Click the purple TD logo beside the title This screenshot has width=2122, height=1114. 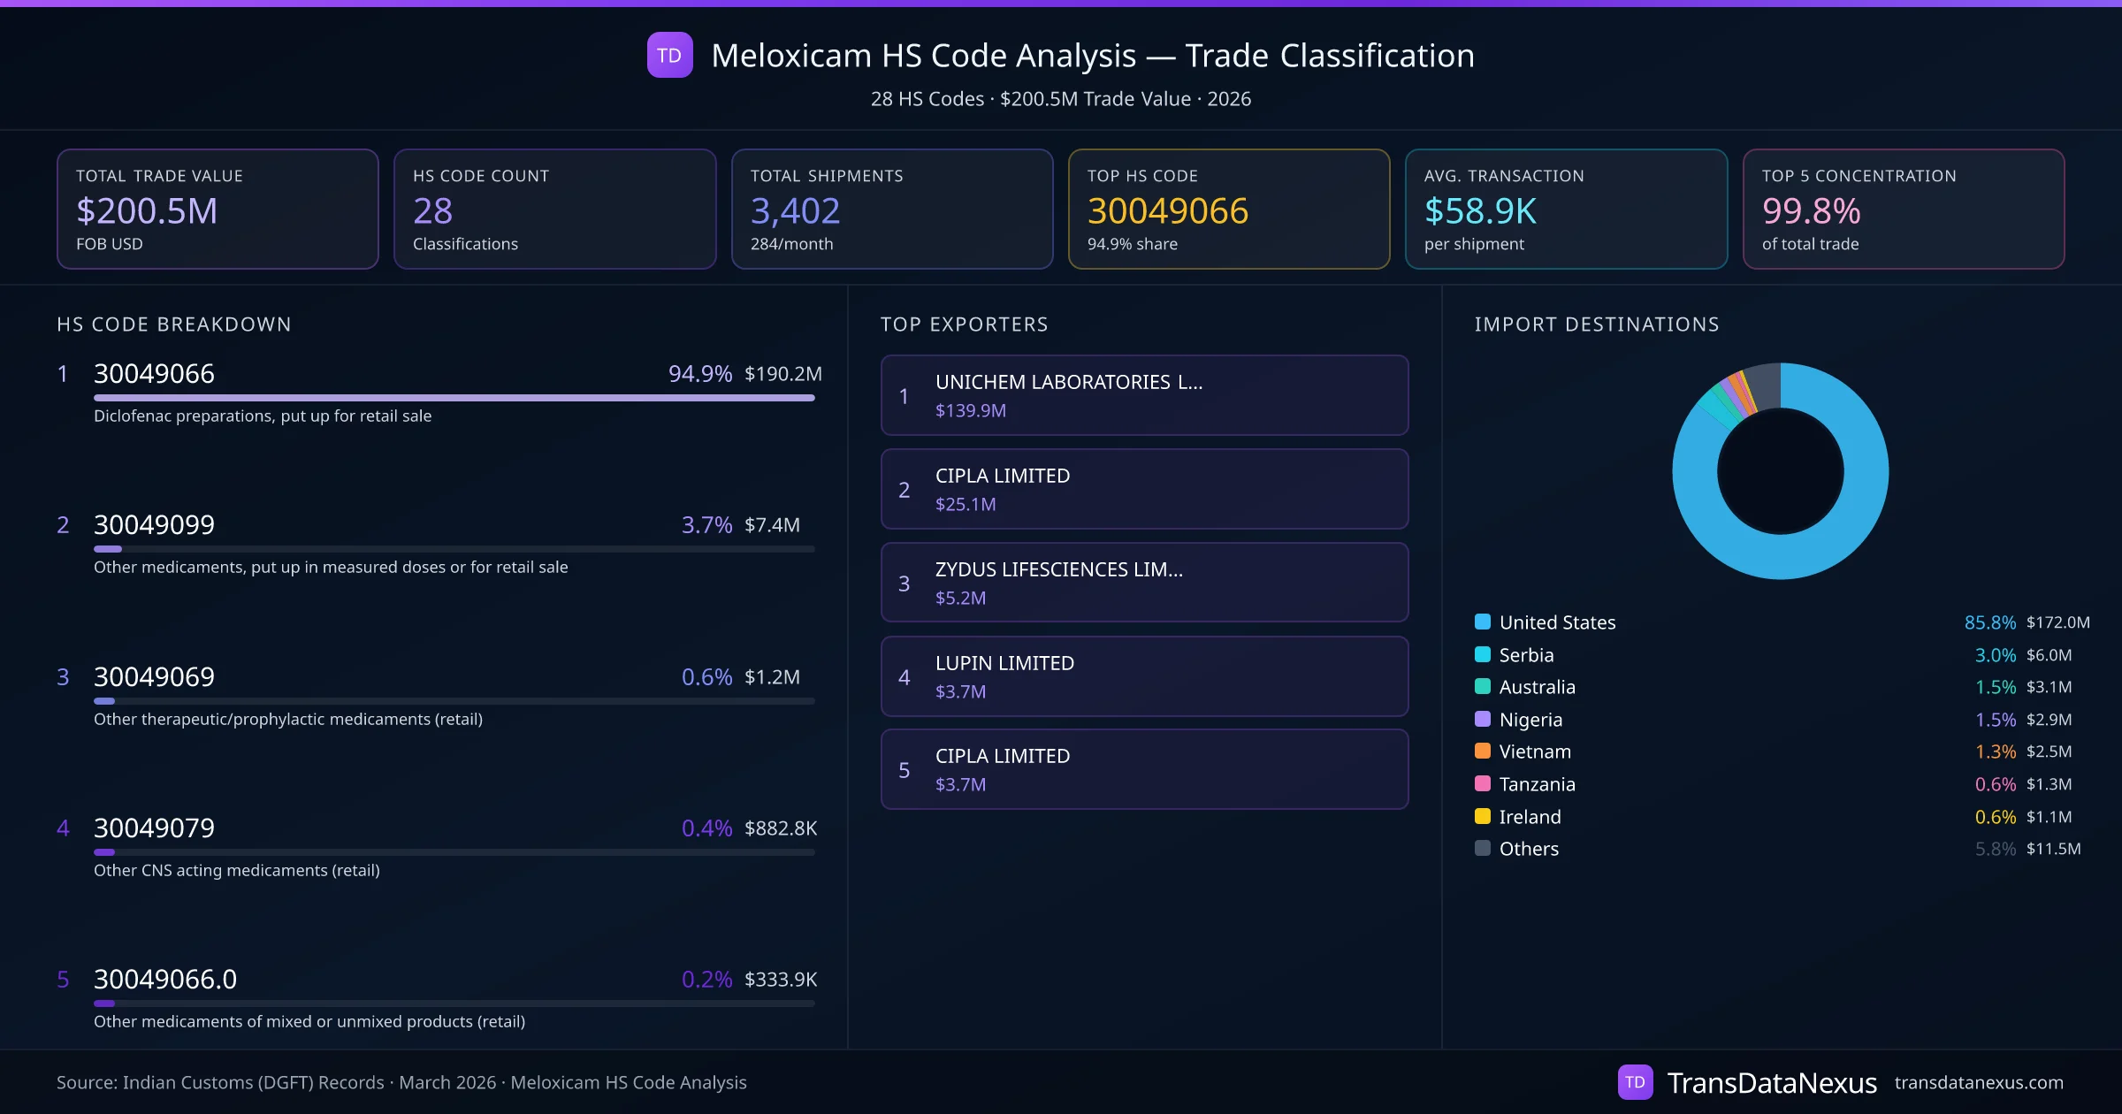[669, 56]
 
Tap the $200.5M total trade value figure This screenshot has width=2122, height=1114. [147, 211]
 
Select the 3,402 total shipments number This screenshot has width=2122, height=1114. [795, 211]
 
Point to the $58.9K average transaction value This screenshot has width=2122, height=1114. [1480, 211]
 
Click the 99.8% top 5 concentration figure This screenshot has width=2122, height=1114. [1811, 211]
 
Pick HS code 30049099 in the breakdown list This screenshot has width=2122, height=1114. [154, 525]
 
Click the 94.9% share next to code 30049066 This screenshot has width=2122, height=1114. [699, 374]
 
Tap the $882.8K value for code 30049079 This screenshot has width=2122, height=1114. [780, 828]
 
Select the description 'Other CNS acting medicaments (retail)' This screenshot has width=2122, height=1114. [237, 871]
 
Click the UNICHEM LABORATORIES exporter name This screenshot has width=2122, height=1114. [1068, 382]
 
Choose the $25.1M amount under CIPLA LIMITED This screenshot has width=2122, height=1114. [966, 505]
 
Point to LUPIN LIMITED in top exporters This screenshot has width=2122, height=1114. [1004, 663]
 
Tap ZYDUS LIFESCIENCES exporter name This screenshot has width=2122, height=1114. [1058, 569]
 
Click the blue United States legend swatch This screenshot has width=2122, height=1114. [1483, 622]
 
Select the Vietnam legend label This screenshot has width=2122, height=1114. [1535, 752]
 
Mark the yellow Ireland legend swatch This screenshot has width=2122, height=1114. [1483, 816]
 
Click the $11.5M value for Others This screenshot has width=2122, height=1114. [2053, 849]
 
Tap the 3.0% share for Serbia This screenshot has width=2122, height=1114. [1995, 655]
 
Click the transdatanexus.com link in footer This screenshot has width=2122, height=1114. [1978, 1083]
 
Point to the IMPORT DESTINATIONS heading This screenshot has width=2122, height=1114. [1597, 324]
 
